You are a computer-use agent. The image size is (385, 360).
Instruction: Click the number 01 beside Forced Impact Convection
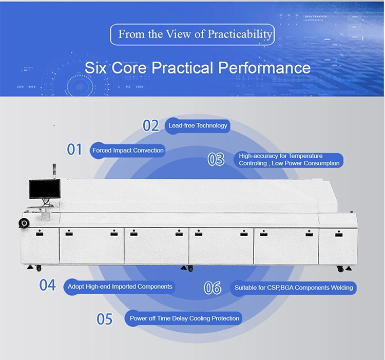74,149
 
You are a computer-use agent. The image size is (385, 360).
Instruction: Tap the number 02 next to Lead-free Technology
151,125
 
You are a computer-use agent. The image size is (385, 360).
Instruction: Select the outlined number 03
216,159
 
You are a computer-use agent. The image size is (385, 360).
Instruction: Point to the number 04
47,285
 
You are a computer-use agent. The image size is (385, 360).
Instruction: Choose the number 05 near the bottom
105,319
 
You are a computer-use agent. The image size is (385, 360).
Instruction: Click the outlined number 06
213,288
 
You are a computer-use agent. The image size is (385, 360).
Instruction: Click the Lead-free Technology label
198,125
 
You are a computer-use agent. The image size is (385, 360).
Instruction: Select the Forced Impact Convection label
128,150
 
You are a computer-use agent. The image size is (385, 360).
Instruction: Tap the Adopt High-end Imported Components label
120,287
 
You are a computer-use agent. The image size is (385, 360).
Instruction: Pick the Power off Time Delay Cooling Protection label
184,318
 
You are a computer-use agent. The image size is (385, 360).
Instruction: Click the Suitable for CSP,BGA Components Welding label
294,288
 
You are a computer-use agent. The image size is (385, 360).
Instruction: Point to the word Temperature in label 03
306,156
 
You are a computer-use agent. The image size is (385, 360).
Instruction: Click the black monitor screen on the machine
45,188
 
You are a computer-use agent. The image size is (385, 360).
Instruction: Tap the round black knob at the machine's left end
24,223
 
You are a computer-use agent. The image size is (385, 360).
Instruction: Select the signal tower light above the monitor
54,171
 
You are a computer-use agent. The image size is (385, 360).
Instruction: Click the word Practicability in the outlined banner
240,34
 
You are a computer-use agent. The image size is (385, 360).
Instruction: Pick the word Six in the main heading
95,68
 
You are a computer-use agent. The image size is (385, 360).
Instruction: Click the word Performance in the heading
264,68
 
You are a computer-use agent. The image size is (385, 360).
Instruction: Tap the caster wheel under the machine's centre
190,269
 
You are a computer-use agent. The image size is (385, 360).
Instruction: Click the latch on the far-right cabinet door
339,234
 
